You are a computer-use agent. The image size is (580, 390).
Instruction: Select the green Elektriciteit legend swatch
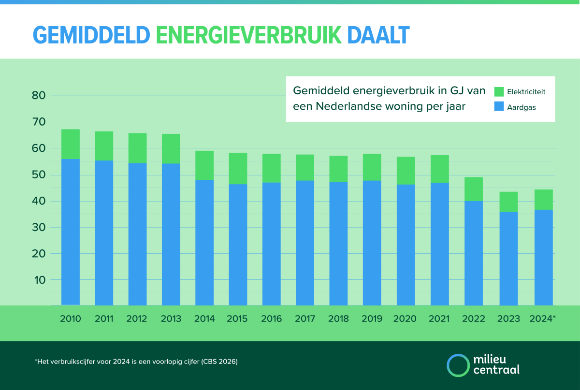pyautogui.click(x=499, y=91)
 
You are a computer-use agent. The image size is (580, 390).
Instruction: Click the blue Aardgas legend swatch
pyautogui.click(x=499, y=107)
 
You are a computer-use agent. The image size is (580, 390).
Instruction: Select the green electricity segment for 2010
pyautogui.click(x=71, y=144)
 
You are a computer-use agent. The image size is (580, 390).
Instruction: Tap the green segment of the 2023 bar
pyautogui.click(x=508, y=202)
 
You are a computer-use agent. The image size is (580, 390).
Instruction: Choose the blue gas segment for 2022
pyautogui.click(x=473, y=253)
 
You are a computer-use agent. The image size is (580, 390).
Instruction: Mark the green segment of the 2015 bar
pyautogui.click(x=238, y=168)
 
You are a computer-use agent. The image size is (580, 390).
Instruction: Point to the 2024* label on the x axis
pyautogui.click(x=542, y=319)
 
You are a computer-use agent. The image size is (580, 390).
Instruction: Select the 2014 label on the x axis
pyautogui.click(x=204, y=319)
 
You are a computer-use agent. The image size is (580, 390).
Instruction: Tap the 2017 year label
pyautogui.click(x=305, y=319)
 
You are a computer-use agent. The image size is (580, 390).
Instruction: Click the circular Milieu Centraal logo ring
pyautogui.click(x=458, y=365)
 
